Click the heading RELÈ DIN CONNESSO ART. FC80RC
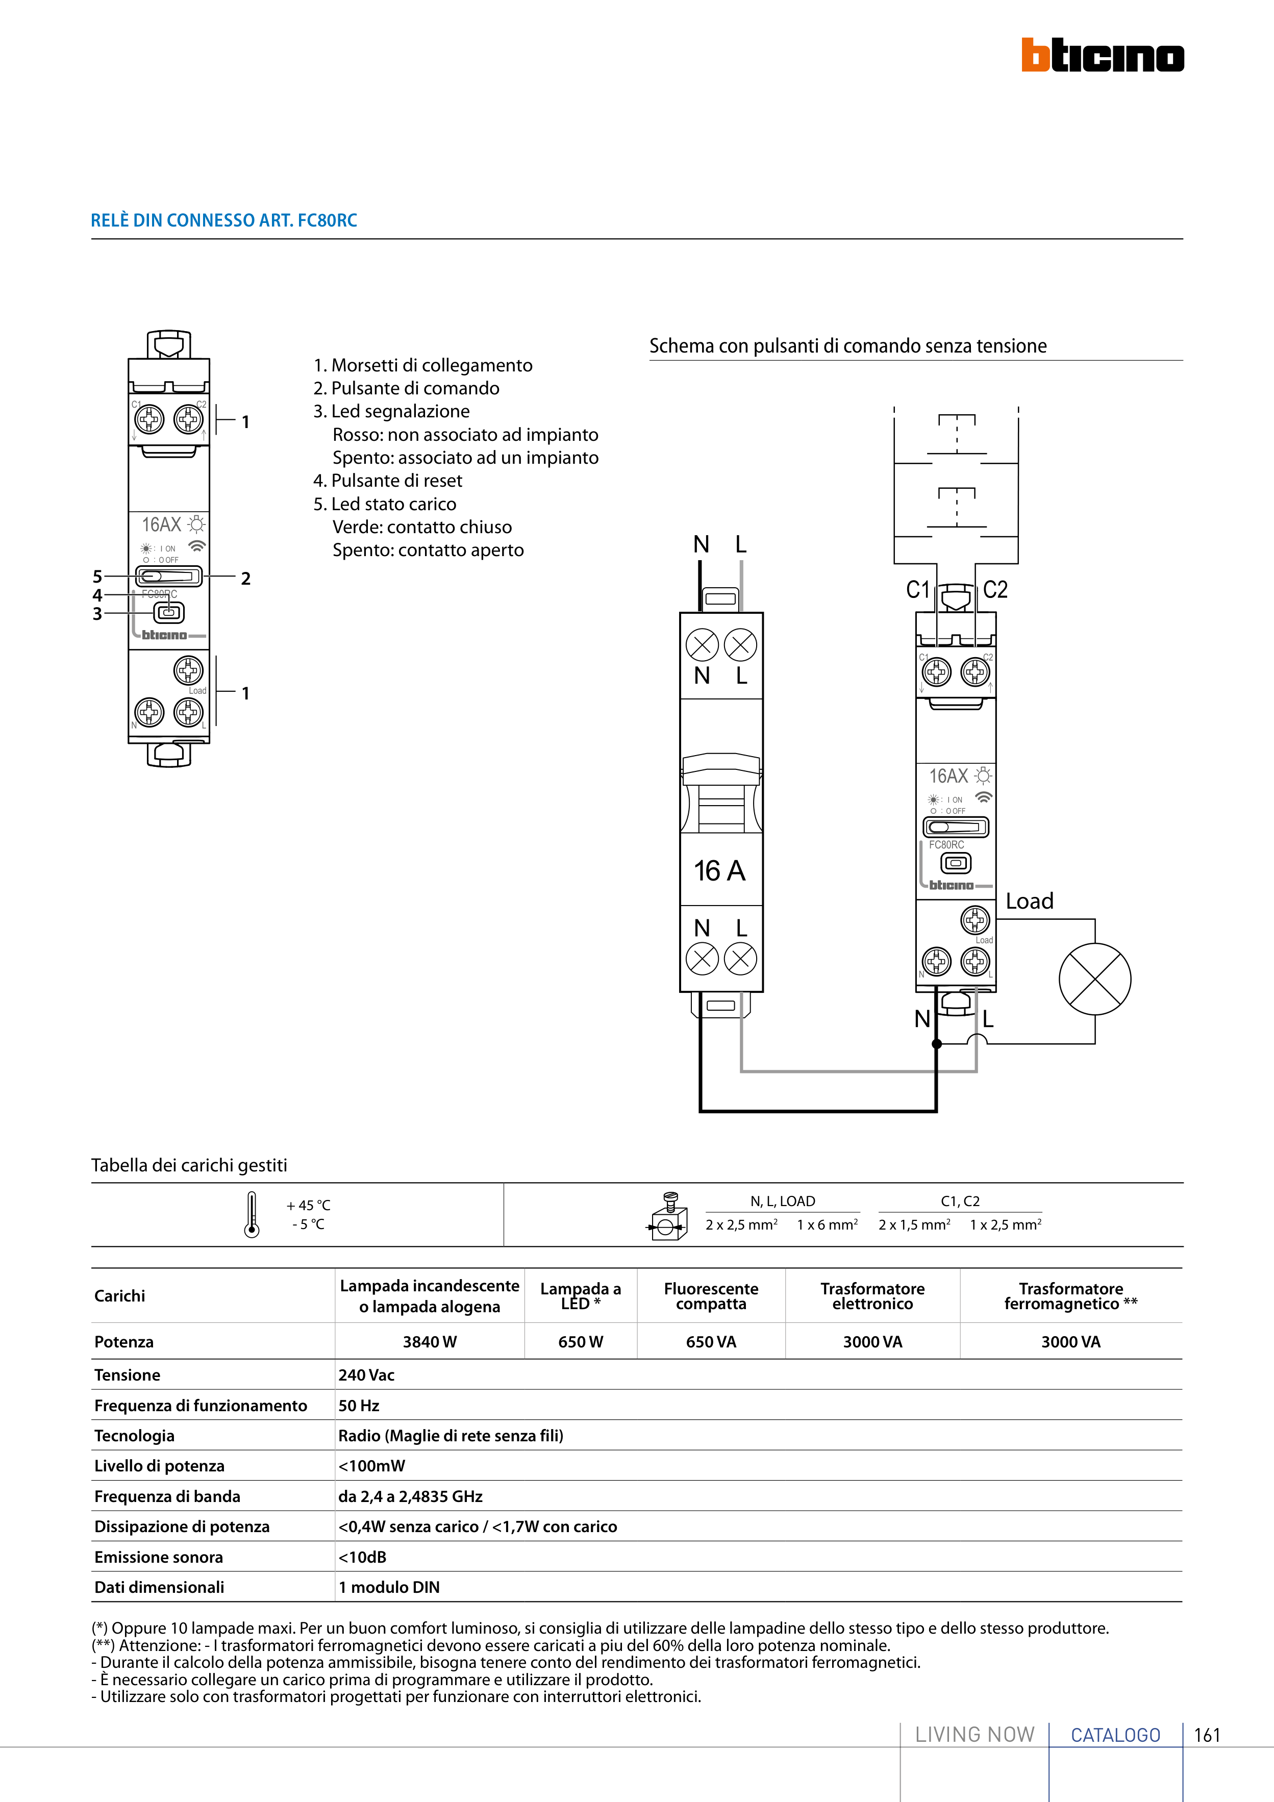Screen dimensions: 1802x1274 223,220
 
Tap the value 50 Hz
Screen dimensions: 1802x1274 359,1405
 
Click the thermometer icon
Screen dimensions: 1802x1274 251,1214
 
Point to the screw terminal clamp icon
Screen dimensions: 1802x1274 667,1216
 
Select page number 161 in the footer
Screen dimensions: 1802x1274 1207,1735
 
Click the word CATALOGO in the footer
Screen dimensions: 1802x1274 1115,1735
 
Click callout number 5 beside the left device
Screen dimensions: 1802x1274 97,576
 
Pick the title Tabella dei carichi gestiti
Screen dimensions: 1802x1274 189,1165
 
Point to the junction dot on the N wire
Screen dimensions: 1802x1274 936,1044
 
